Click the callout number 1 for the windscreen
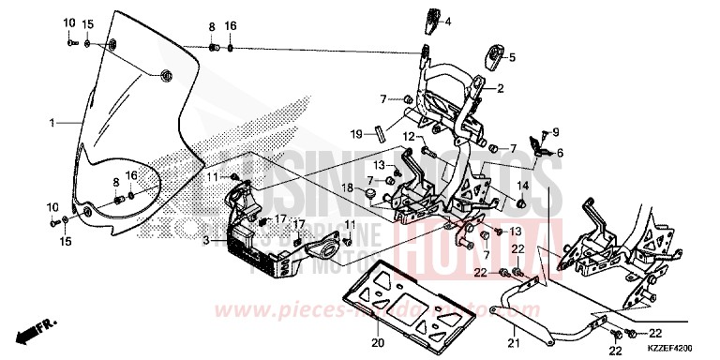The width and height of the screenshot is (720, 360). [52, 123]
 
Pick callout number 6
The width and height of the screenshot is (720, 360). [559, 153]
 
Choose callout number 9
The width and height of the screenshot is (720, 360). [555, 132]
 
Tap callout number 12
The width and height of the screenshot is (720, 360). [409, 138]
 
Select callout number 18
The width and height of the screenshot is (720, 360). [347, 188]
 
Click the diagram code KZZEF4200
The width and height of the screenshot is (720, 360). [677, 346]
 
